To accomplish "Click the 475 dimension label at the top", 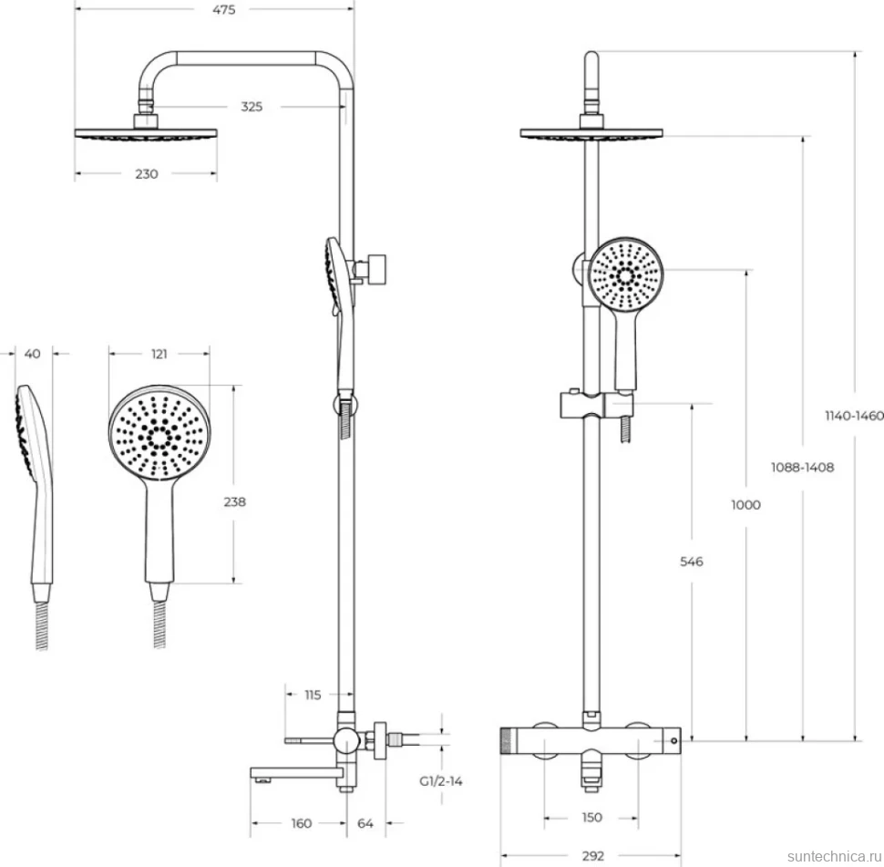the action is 224,10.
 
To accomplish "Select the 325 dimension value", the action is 252,107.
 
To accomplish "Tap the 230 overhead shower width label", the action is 147,174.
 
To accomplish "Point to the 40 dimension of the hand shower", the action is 33,354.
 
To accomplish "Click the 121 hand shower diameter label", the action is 159,354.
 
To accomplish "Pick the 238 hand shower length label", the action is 234,501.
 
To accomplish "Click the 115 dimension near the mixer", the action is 313,695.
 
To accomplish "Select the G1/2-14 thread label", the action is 441,781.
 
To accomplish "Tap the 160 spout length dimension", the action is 302,823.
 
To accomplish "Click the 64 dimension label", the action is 365,823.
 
